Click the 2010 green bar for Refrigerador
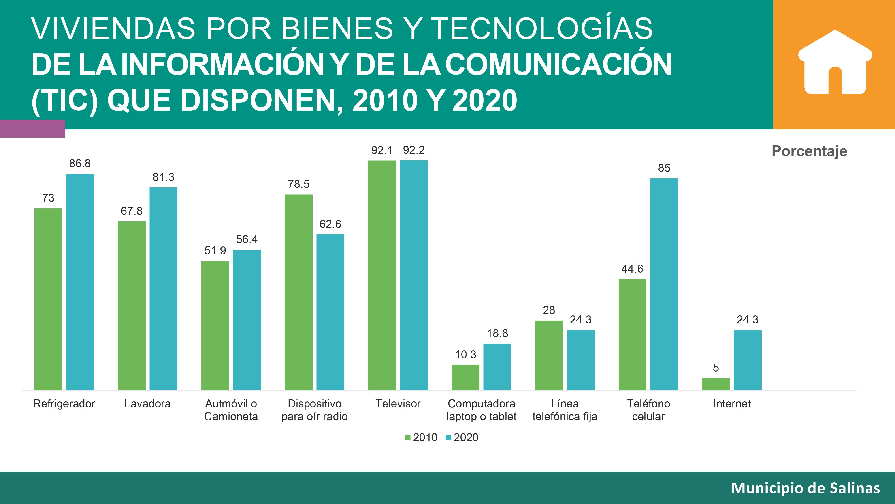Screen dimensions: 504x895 click(x=48, y=299)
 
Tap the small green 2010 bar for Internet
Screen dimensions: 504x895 click(x=716, y=384)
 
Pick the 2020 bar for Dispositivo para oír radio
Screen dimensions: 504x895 click(x=330, y=312)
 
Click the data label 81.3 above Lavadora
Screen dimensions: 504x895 click(x=163, y=177)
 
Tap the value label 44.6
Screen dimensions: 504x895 click(x=632, y=269)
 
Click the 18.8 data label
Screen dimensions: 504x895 click(x=497, y=334)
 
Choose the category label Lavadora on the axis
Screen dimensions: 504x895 click(x=147, y=404)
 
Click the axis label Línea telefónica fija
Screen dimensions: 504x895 click(x=565, y=410)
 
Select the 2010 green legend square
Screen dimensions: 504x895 click(x=407, y=437)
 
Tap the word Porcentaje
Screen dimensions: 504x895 click(x=809, y=151)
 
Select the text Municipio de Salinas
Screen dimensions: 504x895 click(x=805, y=488)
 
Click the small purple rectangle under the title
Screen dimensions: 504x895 click(x=32, y=129)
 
